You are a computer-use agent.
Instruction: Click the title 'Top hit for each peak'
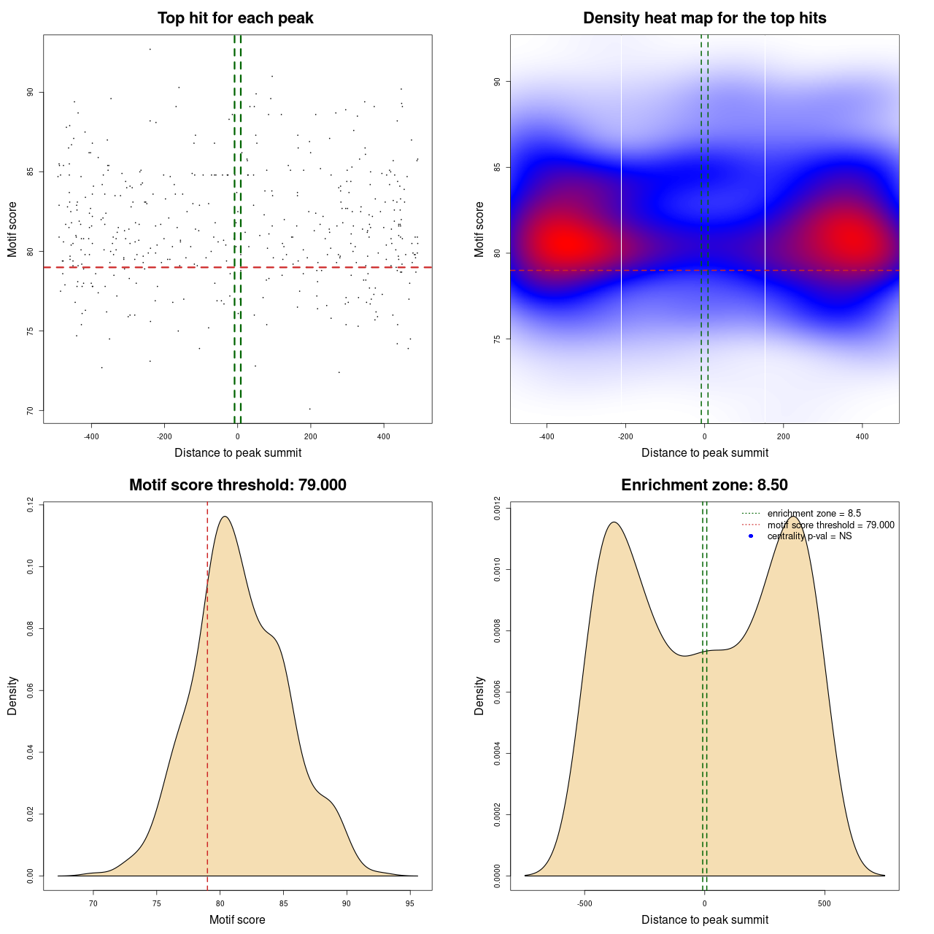point(235,18)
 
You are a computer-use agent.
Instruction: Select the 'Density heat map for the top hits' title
point(704,18)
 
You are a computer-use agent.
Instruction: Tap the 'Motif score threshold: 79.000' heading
point(237,485)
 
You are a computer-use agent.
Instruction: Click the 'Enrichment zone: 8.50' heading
point(704,485)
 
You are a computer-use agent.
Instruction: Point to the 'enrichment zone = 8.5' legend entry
point(814,514)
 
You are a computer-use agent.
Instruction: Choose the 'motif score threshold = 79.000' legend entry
point(830,525)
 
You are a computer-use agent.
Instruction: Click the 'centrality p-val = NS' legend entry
point(809,536)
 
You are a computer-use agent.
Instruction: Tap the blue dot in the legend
point(751,536)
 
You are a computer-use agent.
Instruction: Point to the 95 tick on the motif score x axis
point(410,903)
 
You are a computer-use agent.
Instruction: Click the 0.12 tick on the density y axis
point(30,505)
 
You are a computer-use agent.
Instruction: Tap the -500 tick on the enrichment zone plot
point(584,903)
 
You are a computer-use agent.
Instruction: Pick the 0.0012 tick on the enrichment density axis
point(497,505)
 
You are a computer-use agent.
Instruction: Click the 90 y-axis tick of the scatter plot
point(30,93)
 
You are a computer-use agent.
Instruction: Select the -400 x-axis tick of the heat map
point(547,436)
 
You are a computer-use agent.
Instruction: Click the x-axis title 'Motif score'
point(237,920)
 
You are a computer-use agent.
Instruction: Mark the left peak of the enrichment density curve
point(614,522)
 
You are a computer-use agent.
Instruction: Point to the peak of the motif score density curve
point(225,517)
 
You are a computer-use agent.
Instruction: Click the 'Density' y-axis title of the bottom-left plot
point(12,696)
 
